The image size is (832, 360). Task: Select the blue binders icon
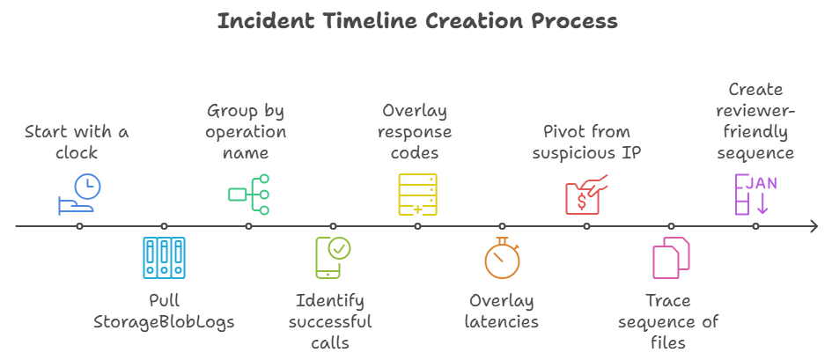click(164, 258)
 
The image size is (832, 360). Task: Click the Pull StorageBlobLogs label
click(164, 311)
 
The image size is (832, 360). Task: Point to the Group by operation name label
click(247, 132)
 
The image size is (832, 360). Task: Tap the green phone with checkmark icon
click(333, 258)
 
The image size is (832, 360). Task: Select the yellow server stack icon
click(417, 195)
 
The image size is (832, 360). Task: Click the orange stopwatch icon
click(502, 258)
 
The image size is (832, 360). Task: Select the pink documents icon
click(671, 258)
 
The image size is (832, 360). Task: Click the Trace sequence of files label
click(668, 321)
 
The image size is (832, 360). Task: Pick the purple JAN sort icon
click(755, 195)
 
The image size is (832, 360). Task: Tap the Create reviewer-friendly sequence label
click(755, 121)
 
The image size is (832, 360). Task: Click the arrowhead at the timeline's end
click(814, 226)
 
